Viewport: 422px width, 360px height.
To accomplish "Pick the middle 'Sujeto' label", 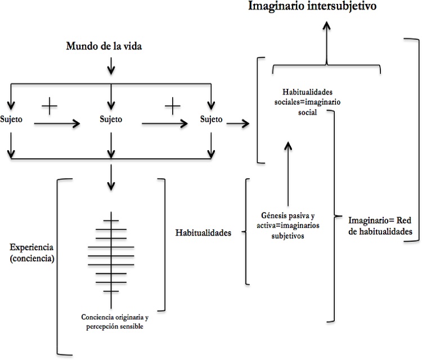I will click(x=110, y=119).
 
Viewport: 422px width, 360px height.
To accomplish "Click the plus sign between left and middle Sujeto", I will click(x=50, y=105).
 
